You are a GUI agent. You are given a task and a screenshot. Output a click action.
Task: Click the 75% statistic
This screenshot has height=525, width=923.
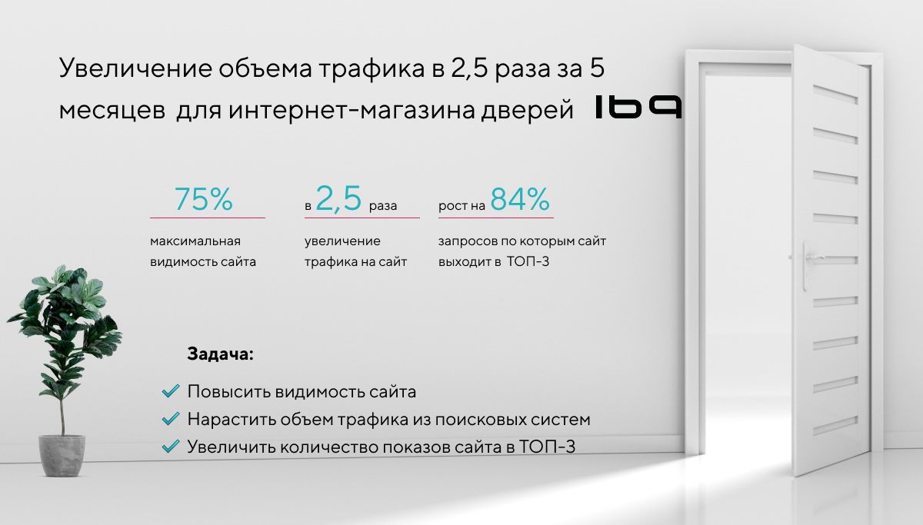point(204,200)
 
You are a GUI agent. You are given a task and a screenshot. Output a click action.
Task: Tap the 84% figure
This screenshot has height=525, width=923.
point(520,200)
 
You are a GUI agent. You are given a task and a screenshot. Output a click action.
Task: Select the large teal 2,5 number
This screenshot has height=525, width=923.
point(338,200)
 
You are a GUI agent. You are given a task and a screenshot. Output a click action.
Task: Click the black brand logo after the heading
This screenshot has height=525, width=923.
point(638,108)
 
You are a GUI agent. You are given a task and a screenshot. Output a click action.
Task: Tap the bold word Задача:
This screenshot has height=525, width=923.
point(219,355)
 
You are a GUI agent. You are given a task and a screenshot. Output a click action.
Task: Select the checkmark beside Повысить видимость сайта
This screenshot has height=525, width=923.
point(170,392)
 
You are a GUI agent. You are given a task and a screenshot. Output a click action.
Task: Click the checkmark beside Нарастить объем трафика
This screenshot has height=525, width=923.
point(170,420)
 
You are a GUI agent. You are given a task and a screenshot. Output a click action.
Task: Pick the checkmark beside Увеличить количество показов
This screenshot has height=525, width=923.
point(170,447)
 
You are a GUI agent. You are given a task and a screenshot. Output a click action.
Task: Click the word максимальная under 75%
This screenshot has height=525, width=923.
point(195,241)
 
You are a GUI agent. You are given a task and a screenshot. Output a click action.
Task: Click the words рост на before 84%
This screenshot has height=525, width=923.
point(461,207)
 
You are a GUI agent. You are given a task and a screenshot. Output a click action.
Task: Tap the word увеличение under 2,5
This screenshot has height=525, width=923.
point(342,241)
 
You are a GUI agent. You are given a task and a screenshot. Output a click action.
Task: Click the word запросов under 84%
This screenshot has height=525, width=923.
point(466,241)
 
